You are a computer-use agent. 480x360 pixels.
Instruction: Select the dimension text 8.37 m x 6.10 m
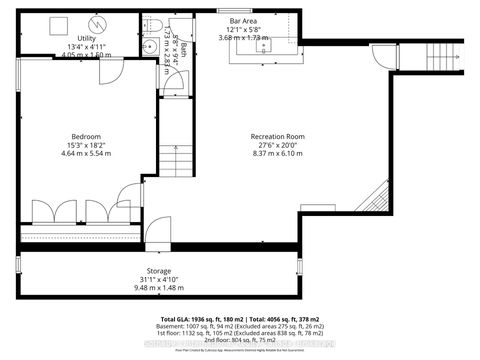pyautogui.click(x=277, y=153)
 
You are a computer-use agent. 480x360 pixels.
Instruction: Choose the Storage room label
pyautogui.click(x=160, y=271)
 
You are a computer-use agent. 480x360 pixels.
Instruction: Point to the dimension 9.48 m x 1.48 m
pyautogui.click(x=160, y=288)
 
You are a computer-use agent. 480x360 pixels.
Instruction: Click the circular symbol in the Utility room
pyautogui.click(x=98, y=23)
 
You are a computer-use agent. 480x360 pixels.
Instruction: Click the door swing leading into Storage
pyautogui.click(x=158, y=235)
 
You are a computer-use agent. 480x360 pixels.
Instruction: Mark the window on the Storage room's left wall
pyautogui.click(x=17, y=267)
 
